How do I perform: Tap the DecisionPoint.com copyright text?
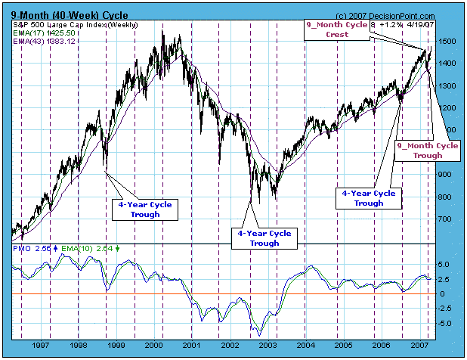[373, 15]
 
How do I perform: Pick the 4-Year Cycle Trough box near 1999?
[146, 209]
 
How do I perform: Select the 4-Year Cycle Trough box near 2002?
[264, 238]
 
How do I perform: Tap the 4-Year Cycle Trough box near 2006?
[369, 198]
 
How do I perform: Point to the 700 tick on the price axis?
[446, 219]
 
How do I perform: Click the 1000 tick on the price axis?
[447, 152]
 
